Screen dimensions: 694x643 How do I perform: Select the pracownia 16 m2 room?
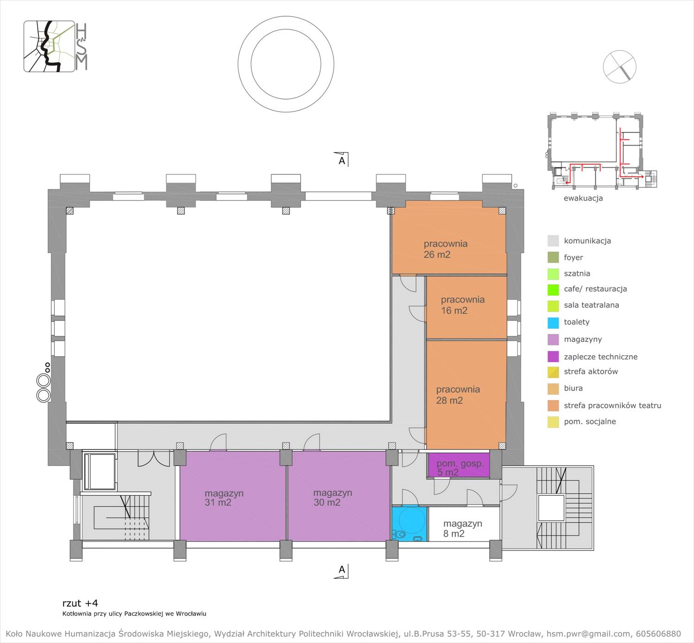point(467,308)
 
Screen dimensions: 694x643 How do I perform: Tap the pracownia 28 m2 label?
point(458,395)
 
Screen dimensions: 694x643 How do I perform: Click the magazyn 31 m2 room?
point(233,496)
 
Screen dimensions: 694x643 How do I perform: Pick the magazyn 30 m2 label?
point(333,497)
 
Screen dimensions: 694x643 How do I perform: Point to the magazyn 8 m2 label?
point(463,529)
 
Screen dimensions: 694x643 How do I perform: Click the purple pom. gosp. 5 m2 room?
point(459,465)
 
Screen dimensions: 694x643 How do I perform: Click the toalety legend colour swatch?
point(553,322)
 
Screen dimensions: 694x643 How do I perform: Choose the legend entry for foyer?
point(565,258)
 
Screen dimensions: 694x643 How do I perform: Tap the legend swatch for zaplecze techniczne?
point(553,356)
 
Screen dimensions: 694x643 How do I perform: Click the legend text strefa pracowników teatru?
point(612,405)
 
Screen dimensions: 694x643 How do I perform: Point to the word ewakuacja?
point(583,198)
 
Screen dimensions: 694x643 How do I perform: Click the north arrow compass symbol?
point(619,67)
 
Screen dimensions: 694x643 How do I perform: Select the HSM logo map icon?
point(49,46)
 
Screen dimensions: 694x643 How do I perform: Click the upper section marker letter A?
point(342,160)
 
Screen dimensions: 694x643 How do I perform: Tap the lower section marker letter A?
point(342,569)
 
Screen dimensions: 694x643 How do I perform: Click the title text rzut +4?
point(80,603)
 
